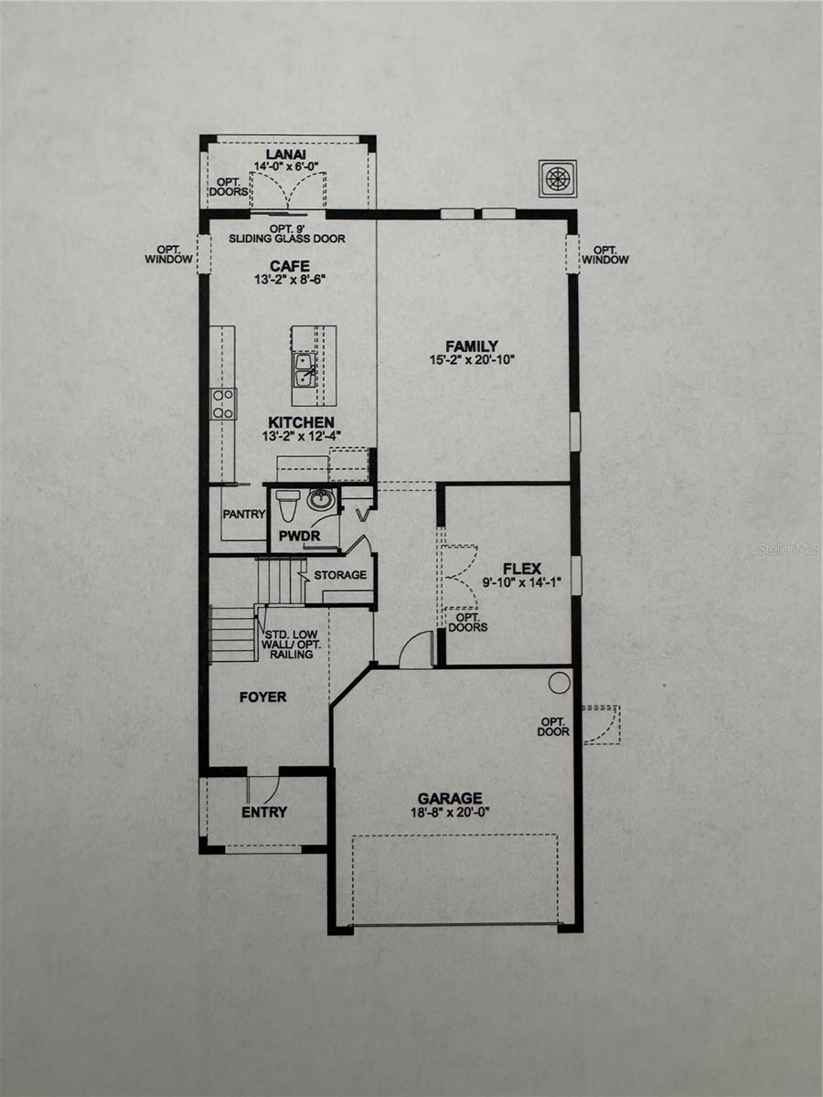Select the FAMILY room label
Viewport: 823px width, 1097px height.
472,346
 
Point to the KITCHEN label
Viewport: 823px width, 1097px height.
301,423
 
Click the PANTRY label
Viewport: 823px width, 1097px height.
244,514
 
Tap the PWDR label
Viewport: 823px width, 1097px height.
299,537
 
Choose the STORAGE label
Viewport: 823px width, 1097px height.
340,575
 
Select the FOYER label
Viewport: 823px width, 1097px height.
262,698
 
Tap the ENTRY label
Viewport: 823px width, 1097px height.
264,813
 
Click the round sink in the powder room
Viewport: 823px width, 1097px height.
319,500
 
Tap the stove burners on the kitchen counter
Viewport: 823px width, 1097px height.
223,404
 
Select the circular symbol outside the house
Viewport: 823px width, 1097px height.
558,178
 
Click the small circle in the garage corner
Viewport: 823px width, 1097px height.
559,682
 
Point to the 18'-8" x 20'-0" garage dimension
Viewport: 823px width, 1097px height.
450,813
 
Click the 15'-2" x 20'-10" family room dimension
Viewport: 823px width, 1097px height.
472,359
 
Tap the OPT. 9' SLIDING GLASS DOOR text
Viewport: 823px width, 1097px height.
287,233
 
